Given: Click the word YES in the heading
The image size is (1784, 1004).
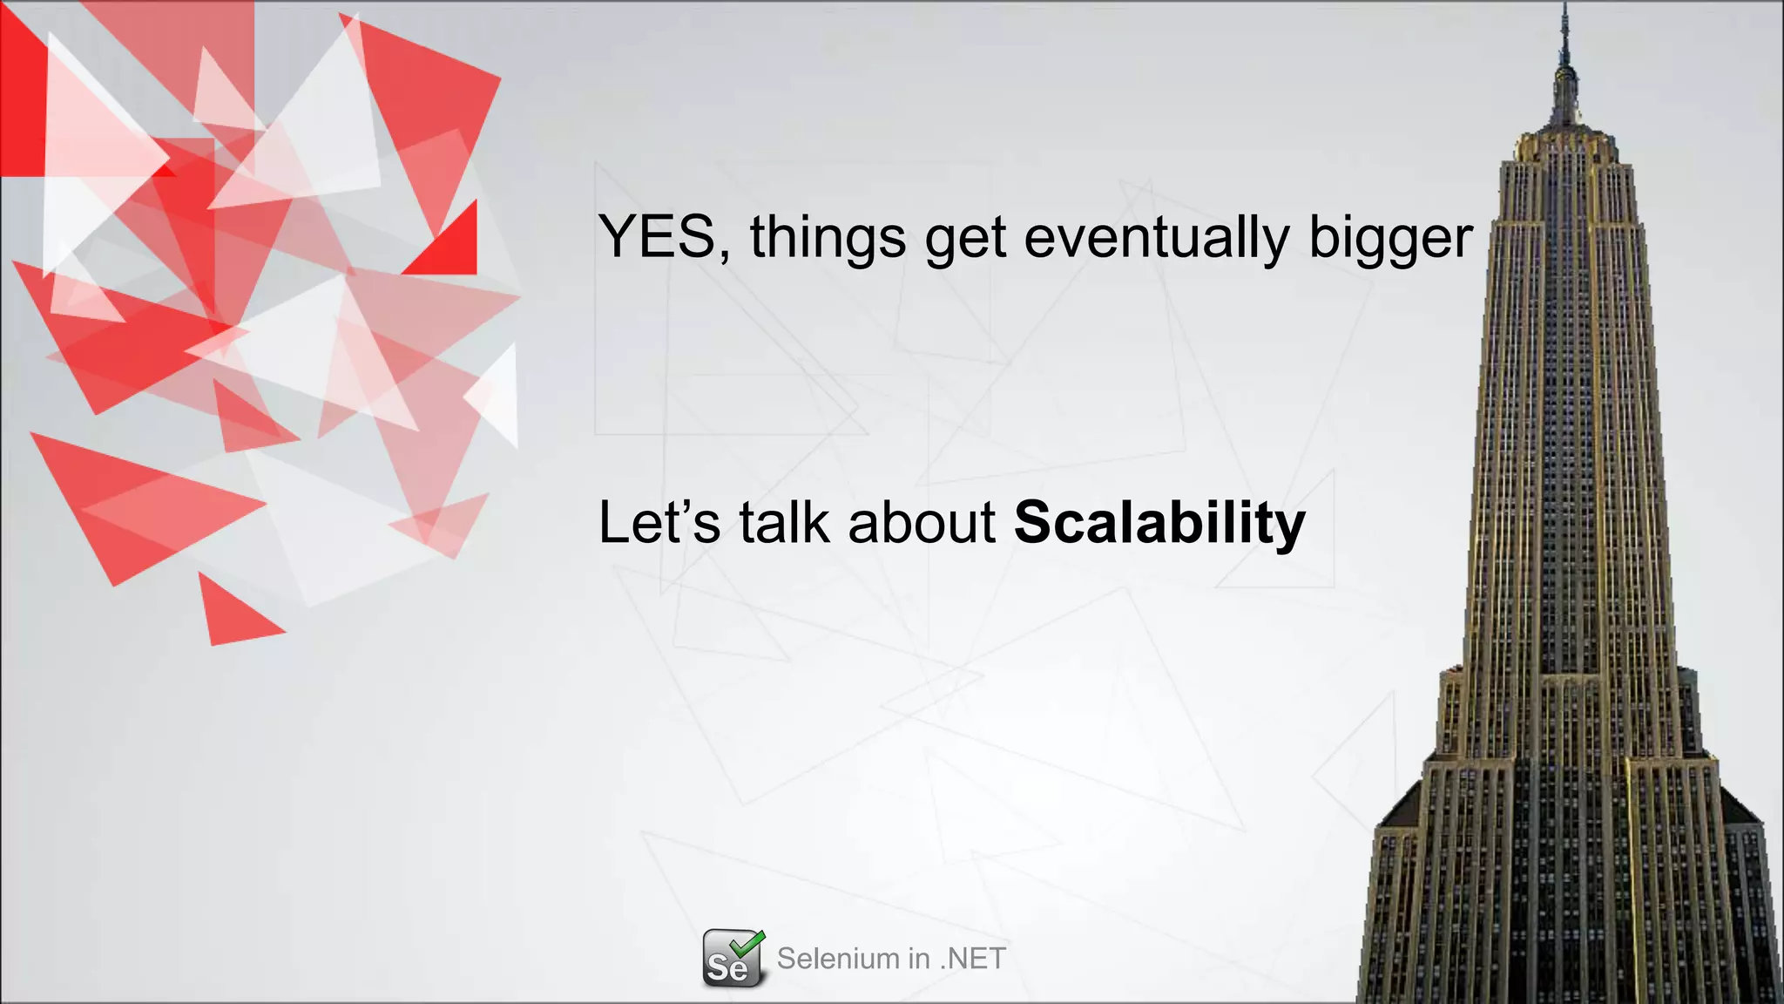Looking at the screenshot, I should pyautogui.click(x=656, y=237).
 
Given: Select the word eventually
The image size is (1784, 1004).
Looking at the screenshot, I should pyautogui.click(x=1156, y=237).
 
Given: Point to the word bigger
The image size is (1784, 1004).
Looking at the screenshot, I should pyautogui.click(x=1390, y=237).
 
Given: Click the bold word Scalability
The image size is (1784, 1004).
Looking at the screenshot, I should pyautogui.click(x=1159, y=523).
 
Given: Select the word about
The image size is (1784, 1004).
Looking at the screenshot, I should pyautogui.click(x=922, y=523).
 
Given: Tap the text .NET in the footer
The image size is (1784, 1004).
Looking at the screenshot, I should pyautogui.click(x=973, y=959).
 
